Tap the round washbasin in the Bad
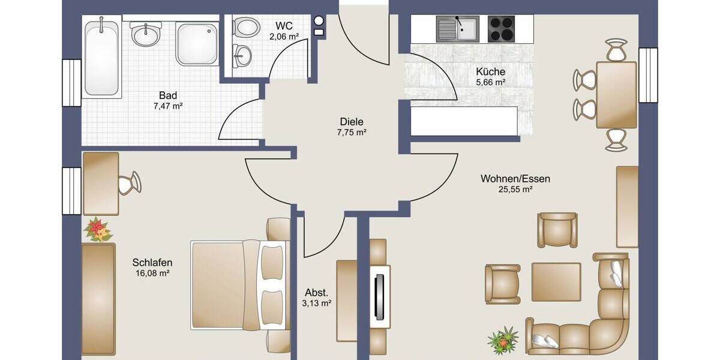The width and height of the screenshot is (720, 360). click(145, 35)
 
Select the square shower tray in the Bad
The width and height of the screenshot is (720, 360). click(197, 43)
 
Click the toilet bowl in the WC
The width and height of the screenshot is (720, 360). click(243, 26)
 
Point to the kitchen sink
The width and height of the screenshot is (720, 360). click(458, 28)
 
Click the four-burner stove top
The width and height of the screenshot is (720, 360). click(502, 28)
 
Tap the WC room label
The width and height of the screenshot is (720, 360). click(284, 26)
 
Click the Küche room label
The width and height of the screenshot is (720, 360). click(491, 71)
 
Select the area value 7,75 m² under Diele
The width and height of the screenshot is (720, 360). click(351, 132)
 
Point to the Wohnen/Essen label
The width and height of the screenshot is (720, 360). click(515, 179)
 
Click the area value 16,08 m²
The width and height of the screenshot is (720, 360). click(152, 273)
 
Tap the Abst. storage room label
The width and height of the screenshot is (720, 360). click(317, 293)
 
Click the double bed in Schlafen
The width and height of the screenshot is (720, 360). click(237, 284)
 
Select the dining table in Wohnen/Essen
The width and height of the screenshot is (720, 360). click(616, 95)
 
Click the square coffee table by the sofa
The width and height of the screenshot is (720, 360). click(556, 282)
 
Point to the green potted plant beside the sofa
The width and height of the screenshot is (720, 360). click(502, 340)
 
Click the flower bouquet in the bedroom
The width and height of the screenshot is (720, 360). click(98, 230)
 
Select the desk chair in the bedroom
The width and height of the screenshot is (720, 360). click(130, 183)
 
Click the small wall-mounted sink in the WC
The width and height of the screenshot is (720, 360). click(243, 55)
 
